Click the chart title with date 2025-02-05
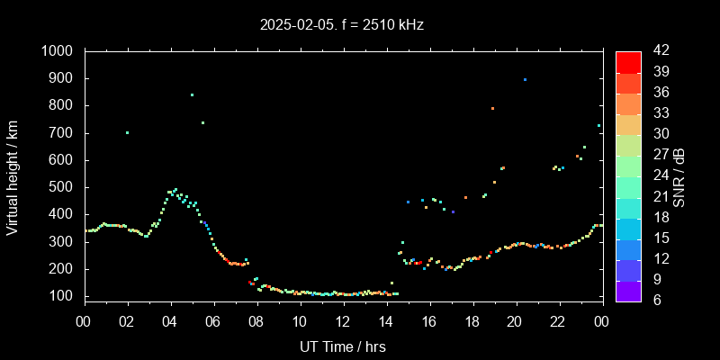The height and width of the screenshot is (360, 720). [342, 25]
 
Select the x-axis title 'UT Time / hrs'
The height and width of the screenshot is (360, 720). [343, 346]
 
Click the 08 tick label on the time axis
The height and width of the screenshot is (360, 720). [256, 320]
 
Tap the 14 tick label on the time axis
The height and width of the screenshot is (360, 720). [385, 320]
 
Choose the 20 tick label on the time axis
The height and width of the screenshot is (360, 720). [515, 320]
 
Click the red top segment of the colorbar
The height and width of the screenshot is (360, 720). [628, 61]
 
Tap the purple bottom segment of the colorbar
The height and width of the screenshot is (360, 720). [628, 290]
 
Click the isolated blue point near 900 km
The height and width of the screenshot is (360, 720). [525, 80]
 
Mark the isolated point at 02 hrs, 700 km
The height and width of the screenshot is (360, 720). [127, 133]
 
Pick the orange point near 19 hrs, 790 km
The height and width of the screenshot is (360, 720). [492, 108]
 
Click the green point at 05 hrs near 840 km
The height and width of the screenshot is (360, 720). [192, 94]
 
